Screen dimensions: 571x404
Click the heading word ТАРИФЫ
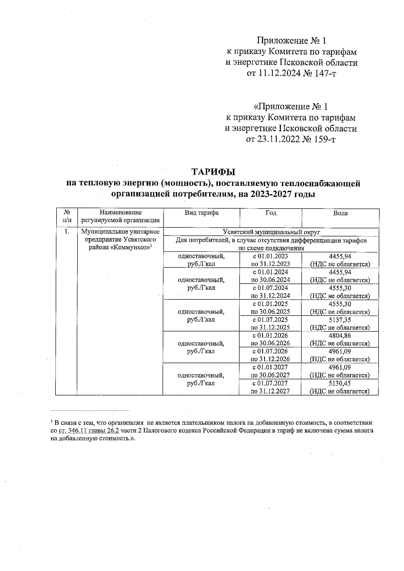click(213, 172)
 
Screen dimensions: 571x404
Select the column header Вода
click(340, 213)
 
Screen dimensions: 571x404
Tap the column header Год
click(271, 213)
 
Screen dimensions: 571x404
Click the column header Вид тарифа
click(201, 213)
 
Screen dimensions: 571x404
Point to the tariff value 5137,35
click(340, 320)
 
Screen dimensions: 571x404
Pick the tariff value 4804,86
click(340, 335)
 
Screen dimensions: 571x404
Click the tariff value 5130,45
click(340, 383)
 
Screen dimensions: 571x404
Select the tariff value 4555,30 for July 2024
click(340, 288)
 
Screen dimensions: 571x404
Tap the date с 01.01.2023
click(271, 256)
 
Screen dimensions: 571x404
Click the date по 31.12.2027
click(271, 391)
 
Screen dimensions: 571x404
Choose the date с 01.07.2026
click(271, 351)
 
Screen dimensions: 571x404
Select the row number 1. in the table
click(67, 231)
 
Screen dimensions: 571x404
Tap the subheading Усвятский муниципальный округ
click(271, 232)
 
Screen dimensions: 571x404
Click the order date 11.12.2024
click(278, 73)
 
